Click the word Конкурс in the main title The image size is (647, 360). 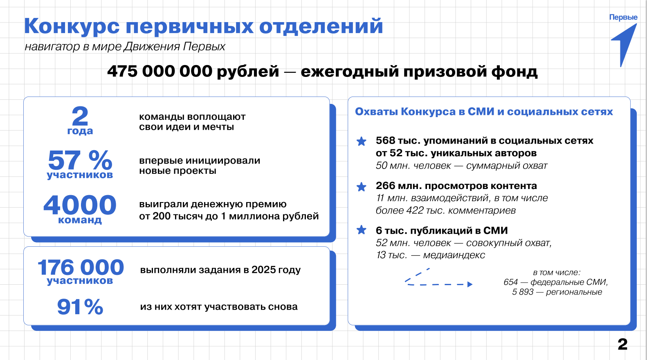click(x=72, y=26)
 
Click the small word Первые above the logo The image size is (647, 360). click(x=623, y=17)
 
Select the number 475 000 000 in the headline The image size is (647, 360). click(x=160, y=71)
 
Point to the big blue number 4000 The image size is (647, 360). click(x=80, y=205)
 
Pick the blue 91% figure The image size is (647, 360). click(x=80, y=306)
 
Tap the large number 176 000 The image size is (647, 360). click(x=81, y=267)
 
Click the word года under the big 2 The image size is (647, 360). click(x=80, y=131)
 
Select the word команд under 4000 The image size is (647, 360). click(x=80, y=220)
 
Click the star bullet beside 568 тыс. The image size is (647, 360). click(x=362, y=141)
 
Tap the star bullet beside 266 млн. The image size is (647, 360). click(x=362, y=187)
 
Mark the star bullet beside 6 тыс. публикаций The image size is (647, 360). click(x=362, y=230)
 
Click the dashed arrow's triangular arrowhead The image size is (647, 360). click(x=470, y=284)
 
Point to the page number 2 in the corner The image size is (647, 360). click(x=622, y=344)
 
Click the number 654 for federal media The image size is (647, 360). click(x=510, y=282)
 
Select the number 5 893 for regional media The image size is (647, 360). click(x=523, y=292)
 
